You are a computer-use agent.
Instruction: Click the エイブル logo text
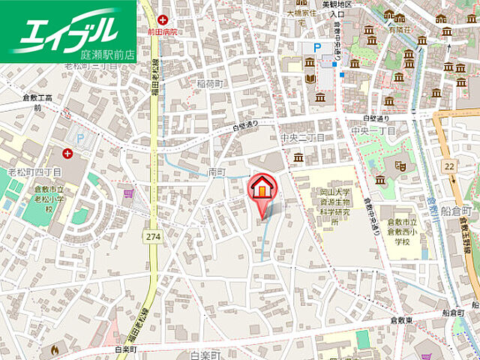[66, 29]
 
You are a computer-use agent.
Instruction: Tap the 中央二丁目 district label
[301, 138]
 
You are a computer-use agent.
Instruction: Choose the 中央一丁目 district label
[373, 130]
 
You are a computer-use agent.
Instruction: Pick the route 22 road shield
[448, 166]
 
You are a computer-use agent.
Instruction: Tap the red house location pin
[262, 187]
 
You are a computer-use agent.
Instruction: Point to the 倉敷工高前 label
[37, 103]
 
